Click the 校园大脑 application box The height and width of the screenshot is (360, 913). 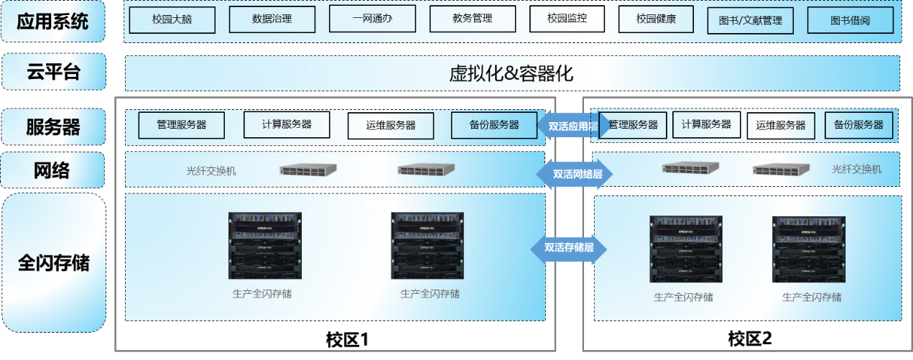coord(172,20)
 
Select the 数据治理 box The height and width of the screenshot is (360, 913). coord(272,19)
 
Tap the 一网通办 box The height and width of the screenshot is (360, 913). coord(372,19)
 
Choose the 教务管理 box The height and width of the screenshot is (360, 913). coord(473,19)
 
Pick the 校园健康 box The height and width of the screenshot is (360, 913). coord(656,19)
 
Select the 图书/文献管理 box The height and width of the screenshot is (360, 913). coord(750,20)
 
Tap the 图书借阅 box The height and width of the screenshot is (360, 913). coord(850,20)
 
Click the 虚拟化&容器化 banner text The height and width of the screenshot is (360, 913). coord(511,73)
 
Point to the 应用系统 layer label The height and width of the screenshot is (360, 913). coord(53,22)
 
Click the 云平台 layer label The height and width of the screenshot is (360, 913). coord(53,72)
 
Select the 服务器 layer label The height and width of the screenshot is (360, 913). coord(53,127)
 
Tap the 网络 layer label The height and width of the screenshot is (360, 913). coord(53,171)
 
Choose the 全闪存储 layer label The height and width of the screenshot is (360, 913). coord(53,262)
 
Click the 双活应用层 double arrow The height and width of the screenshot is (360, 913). coord(573,126)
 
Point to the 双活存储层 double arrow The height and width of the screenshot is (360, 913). coord(568,248)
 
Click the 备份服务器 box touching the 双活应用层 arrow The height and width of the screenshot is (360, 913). coord(494,125)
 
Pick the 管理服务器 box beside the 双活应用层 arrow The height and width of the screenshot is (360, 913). coord(633,125)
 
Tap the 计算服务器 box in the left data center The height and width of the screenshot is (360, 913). coord(287,124)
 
